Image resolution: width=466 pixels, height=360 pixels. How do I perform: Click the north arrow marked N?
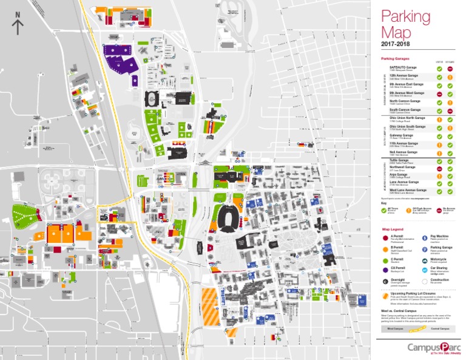(18, 24)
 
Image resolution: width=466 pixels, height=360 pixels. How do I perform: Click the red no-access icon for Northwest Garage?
(439, 168)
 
